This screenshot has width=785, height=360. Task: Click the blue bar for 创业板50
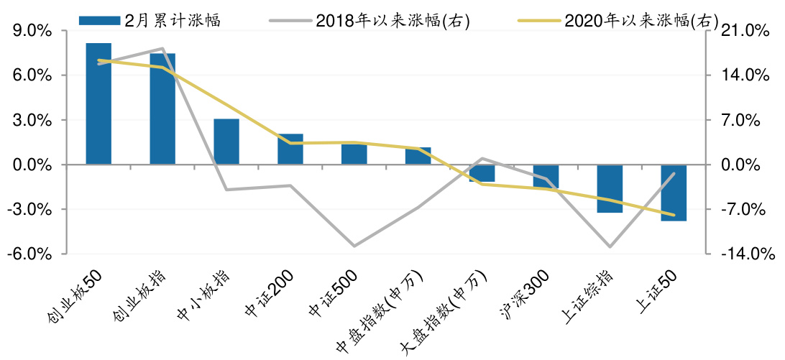[98, 103]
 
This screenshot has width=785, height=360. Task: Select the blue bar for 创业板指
[162, 109]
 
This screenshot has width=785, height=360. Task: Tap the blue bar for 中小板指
[226, 142]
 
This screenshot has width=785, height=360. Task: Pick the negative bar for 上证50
[674, 193]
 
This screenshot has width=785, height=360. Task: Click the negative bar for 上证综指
[610, 188]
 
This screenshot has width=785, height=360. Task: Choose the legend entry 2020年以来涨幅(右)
[618, 20]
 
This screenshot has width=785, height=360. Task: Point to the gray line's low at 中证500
[354, 246]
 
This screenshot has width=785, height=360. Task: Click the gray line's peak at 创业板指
[162, 49]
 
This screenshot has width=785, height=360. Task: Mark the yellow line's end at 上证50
[674, 215]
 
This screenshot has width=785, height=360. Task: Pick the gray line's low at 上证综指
[610, 247]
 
